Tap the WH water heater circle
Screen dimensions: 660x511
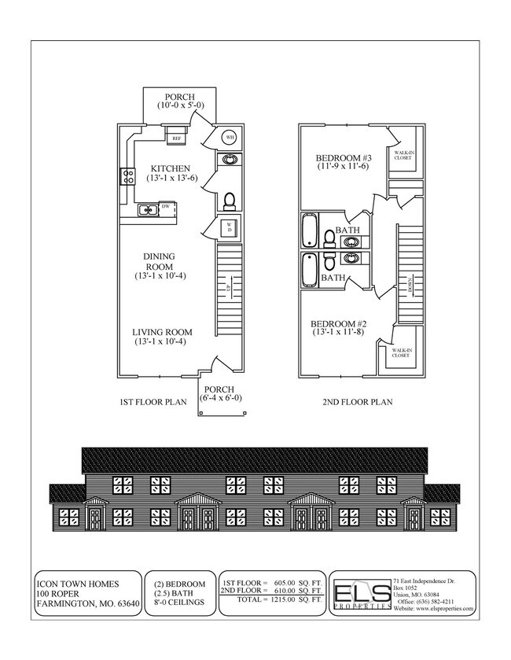coord(230,137)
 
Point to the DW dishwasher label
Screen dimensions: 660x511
coord(166,208)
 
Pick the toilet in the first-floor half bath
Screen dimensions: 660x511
coord(230,201)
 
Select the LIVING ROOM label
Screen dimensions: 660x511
coord(162,332)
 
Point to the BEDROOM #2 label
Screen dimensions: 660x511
coord(339,324)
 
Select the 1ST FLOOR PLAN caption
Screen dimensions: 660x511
coord(153,402)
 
